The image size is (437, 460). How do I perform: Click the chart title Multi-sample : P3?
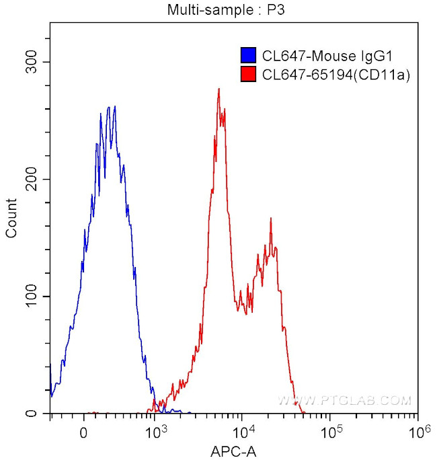218,9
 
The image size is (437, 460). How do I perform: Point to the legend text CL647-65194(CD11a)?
333,75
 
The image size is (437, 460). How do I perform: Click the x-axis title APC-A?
233,451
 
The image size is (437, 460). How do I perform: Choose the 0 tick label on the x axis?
83,430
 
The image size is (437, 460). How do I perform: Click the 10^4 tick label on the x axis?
243,430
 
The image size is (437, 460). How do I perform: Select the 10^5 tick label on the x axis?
330,430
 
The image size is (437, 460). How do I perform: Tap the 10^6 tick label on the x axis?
418,430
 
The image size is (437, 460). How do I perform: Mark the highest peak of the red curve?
218,89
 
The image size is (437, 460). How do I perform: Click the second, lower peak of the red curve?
270,219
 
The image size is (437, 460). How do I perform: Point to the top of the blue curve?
115,106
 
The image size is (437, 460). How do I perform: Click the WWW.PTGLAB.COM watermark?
344,401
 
